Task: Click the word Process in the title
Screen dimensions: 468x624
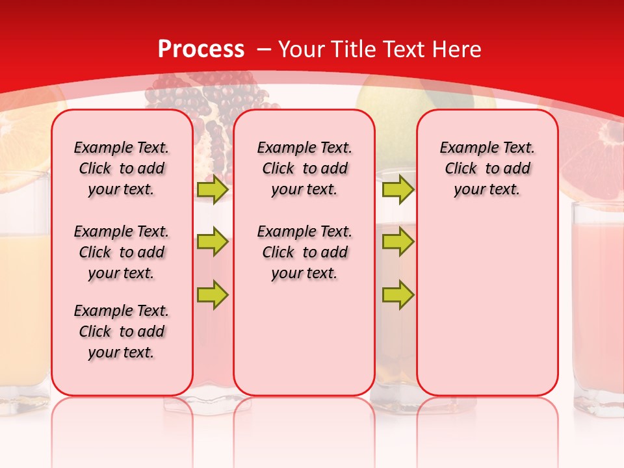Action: tap(201, 49)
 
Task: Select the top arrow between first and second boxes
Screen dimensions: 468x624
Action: tap(213, 190)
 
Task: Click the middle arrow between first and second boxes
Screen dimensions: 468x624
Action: tap(213, 242)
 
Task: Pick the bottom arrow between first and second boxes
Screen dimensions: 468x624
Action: tap(213, 294)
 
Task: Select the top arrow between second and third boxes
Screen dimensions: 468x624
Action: tap(398, 190)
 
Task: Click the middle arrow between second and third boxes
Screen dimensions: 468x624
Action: tap(398, 242)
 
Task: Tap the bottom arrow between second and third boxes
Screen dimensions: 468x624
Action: tap(398, 294)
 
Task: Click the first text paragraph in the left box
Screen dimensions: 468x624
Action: tap(122, 168)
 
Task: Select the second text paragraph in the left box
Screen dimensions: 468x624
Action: tap(122, 252)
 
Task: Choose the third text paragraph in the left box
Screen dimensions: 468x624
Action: tap(122, 331)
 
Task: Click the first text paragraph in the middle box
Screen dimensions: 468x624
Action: tap(304, 168)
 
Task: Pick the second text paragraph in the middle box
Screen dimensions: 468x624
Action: tap(304, 252)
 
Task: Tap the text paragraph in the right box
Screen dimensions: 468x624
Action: tap(487, 168)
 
